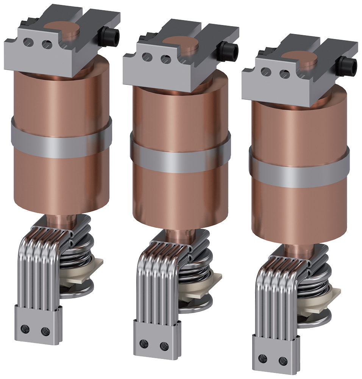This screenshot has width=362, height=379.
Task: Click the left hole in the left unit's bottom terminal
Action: [x=26, y=328]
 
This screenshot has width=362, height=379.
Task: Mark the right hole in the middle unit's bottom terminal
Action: [x=164, y=346]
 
